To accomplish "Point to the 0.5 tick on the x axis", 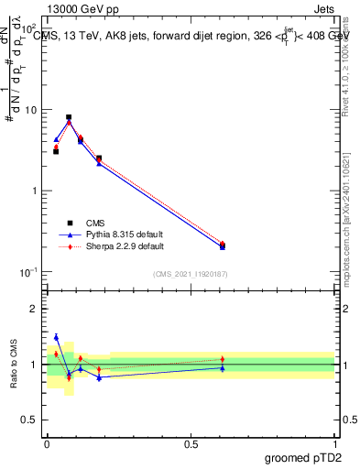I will coord(191,442).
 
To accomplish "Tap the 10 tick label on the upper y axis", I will coord(30,110).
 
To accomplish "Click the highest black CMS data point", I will coord(69,117).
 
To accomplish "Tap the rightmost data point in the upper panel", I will coord(223,245).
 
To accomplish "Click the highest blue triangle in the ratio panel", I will coord(56,337).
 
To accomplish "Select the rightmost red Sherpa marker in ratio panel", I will coord(223,359).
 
